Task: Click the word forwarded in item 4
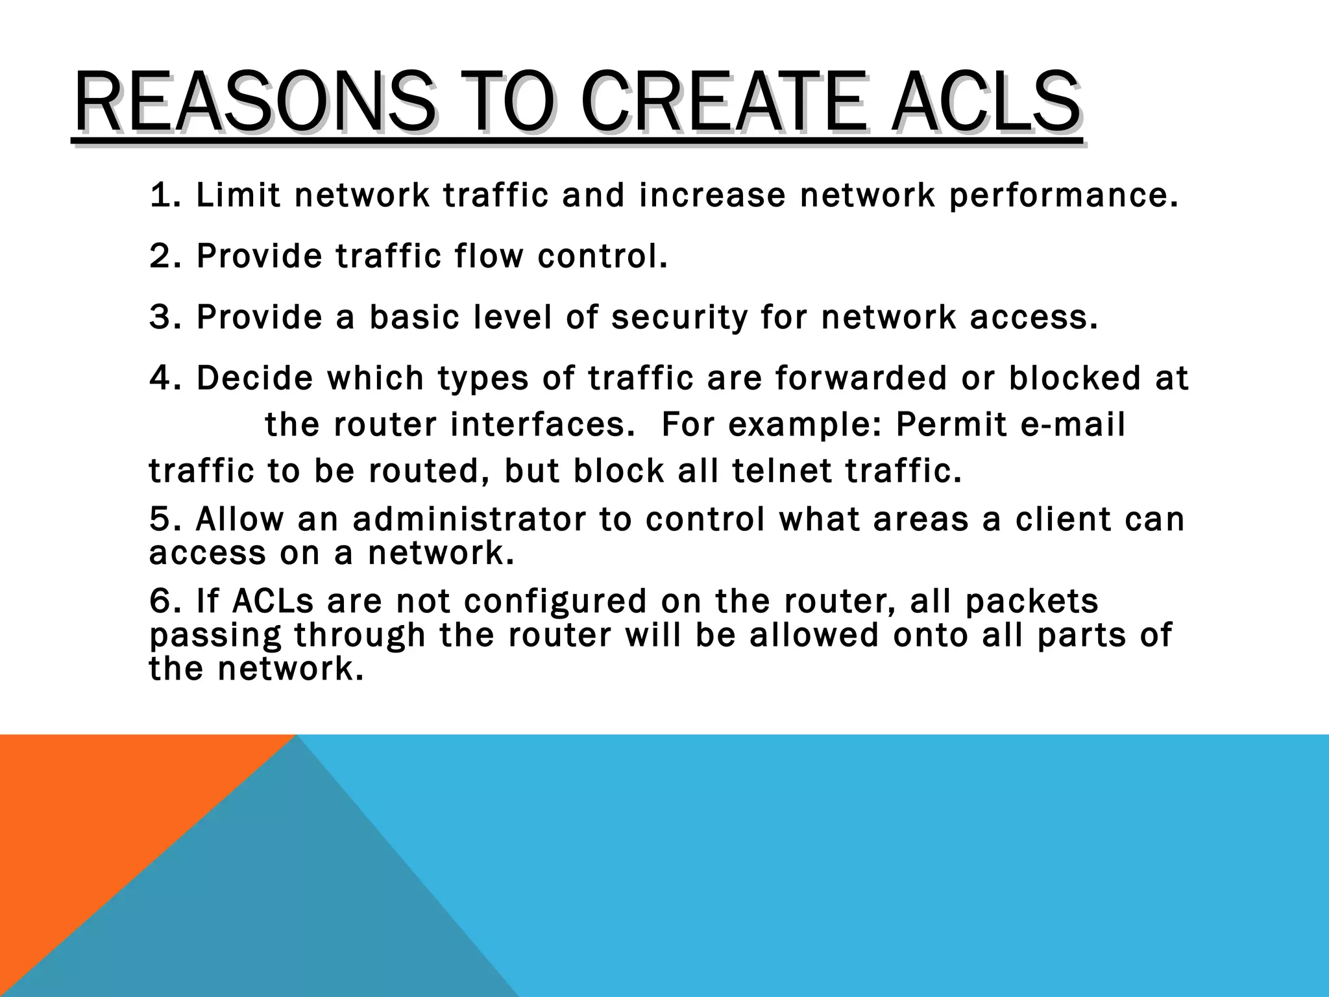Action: [860, 378]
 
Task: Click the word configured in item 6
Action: [555, 602]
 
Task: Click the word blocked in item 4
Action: [1074, 378]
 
